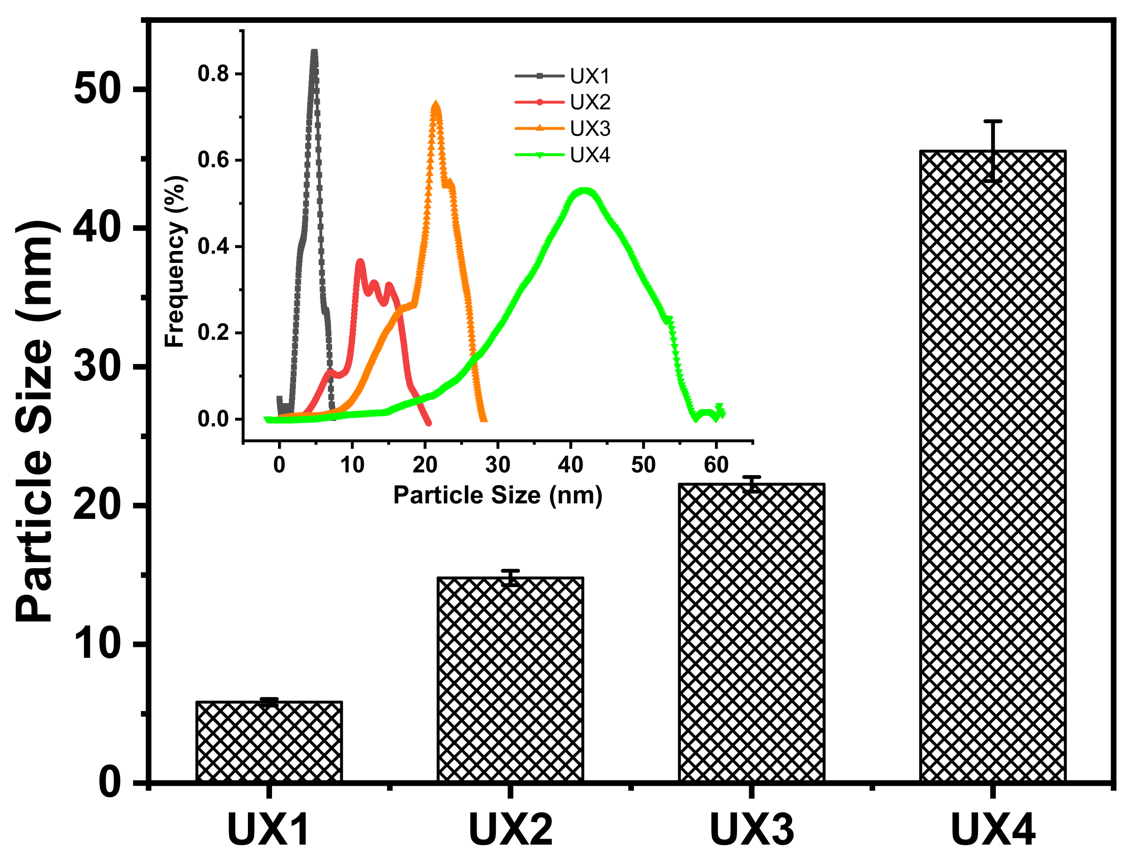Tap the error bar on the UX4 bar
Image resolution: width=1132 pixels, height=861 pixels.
[993, 151]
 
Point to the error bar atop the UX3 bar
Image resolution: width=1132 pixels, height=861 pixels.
[751, 484]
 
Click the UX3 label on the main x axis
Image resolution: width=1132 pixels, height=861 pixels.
[751, 830]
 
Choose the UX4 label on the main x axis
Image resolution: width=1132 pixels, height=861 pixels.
[993, 830]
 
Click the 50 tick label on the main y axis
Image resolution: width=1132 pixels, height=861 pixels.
[98, 89]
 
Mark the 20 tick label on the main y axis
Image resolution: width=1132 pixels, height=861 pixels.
[98, 505]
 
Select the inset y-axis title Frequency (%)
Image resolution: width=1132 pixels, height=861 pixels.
[174, 261]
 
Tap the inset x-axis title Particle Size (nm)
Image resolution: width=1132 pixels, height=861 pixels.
[497, 495]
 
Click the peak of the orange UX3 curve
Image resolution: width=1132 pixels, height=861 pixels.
[436, 107]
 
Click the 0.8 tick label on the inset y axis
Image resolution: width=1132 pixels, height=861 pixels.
[213, 74]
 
